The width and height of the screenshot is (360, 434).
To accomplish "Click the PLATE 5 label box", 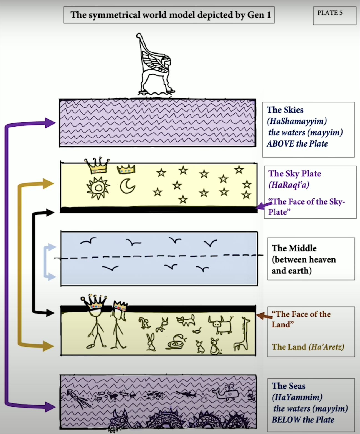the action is pos(334,16).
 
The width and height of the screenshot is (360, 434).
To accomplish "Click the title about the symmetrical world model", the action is pos(169,15).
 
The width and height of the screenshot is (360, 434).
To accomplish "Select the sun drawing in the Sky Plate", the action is pos(98,188).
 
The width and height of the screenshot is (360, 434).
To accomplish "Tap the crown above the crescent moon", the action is pos(126,169).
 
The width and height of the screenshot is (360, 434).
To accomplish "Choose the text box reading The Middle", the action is pos(311,259).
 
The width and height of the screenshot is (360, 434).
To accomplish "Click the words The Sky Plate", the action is pos(295,174).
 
